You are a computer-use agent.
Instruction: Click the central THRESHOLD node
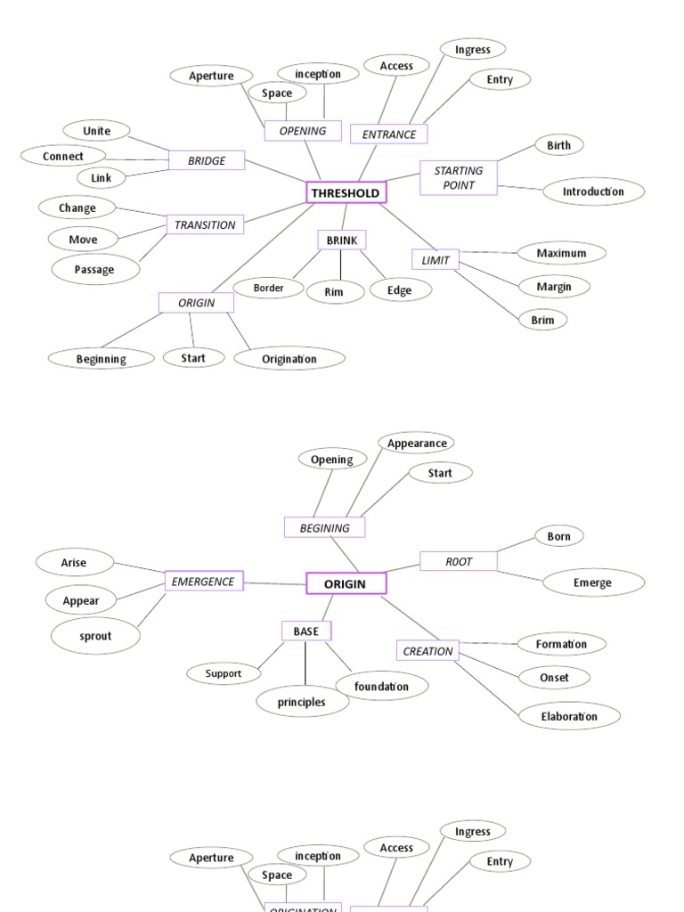point(346,192)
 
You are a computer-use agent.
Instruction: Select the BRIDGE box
point(207,160)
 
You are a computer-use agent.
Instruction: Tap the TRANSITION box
point(205,224)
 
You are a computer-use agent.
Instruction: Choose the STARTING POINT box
point(459,177)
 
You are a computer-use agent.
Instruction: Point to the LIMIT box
point(436,259)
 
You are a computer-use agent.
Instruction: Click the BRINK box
point(342,240)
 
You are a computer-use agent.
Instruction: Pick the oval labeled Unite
point(97,131)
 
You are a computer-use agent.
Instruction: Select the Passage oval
point(94,269)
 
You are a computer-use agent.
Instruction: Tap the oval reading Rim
point(334,292)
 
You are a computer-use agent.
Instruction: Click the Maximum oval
point(561,253)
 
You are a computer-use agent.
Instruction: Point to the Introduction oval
point(593,191)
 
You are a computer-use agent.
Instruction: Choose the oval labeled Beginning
point(101,359)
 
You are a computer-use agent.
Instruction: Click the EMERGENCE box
point(204,582)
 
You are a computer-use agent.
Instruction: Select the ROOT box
point(459,561)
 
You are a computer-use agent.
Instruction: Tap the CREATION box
point(427,651)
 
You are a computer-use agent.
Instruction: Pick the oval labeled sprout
point(95,636)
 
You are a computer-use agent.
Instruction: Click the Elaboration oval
point(569,716)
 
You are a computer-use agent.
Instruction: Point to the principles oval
point(301,702)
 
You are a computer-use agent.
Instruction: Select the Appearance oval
point(416,443)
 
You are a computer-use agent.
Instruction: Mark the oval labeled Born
point(558,536)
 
